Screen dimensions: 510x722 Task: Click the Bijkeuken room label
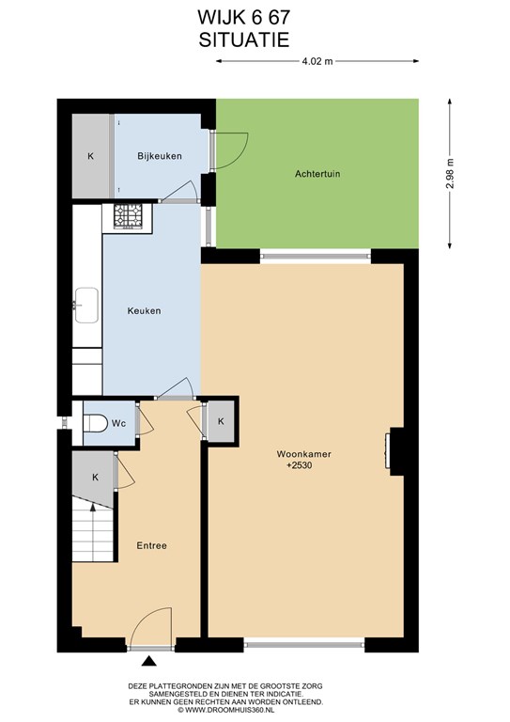tap(159, 156)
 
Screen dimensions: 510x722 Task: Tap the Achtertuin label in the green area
tap(317, 174)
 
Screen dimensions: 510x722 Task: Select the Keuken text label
tap(144, 311)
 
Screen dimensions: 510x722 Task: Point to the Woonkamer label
tap(303, 453)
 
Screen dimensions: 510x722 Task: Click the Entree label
tap(151, 545)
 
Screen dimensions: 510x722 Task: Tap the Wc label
tap(118, 423)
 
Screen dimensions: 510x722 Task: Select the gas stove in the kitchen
tap(129, 217)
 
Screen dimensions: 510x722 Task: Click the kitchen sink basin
tap(86, 305)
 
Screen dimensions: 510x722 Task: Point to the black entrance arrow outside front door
tap(148, 661)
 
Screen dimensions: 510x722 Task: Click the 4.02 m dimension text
tap(317, 61)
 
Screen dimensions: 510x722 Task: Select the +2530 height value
tap(300, 465)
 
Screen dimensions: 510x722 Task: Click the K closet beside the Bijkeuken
tap(90, 156)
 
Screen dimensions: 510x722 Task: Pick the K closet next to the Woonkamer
tap(221, 421)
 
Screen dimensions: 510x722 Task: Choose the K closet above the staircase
tap(95, 477)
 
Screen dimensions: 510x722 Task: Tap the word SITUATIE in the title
tap(244, 39)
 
